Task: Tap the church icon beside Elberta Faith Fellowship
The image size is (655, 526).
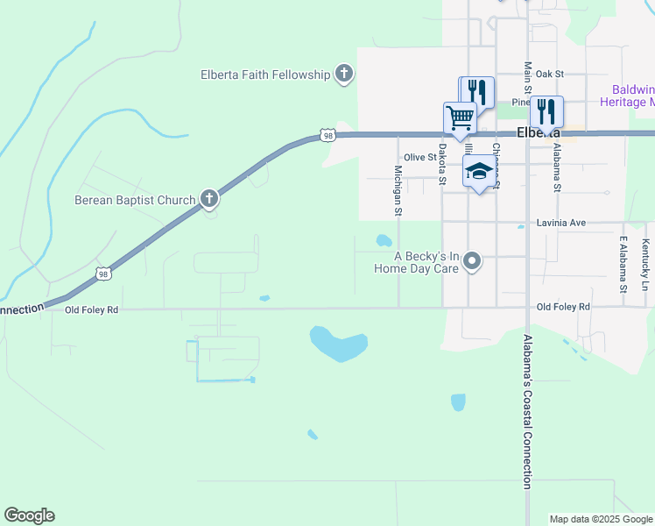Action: [x=344, y=74]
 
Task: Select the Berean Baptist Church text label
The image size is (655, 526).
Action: [x=134, y=200]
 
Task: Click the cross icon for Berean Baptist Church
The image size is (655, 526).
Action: [x=208, y=199]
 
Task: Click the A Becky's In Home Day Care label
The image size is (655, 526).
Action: [x=426, y=262]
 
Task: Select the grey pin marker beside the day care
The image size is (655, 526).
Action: [x=473, y=261]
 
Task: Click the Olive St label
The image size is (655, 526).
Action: [x=419, y=157]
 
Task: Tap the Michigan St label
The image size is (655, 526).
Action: [x=398, y=190]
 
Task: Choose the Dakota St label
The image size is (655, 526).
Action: [x=442, y=164]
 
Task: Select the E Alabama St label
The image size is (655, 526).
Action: [x=623, y=264]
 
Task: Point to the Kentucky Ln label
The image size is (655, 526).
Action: [x=645, y=265]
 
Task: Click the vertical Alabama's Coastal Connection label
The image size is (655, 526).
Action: [x=527, y=411]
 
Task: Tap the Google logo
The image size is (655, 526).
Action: [x=29, y=515]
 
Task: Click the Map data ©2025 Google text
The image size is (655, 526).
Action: [x=601, y=519]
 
